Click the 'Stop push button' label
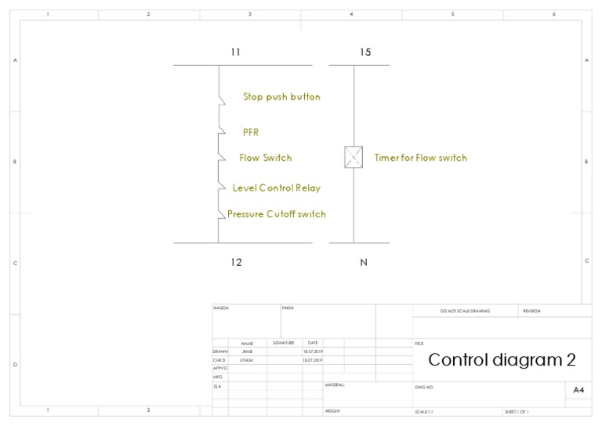pos(281,97)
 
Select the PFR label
pos(251,133)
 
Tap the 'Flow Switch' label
pos(266,158)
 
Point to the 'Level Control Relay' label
pos(277,188)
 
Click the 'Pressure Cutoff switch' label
pos(277,214)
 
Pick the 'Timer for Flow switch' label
pos(420,158)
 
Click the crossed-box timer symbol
pos(354,156)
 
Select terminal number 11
pos(235,53)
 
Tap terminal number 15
pos(365,53)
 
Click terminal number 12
pos(236,263)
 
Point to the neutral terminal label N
pos(364,263)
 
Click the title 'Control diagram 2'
pos(502,360)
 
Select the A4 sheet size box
pos(578,389)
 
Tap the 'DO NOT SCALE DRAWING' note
pos(465,311)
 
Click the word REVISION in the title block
pos(531,311)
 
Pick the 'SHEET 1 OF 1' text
pos(517,412)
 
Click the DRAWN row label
pos(219,351)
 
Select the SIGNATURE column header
pos(283,343)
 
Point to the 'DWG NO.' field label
pos(423,388)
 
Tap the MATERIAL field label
pos(335,385)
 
